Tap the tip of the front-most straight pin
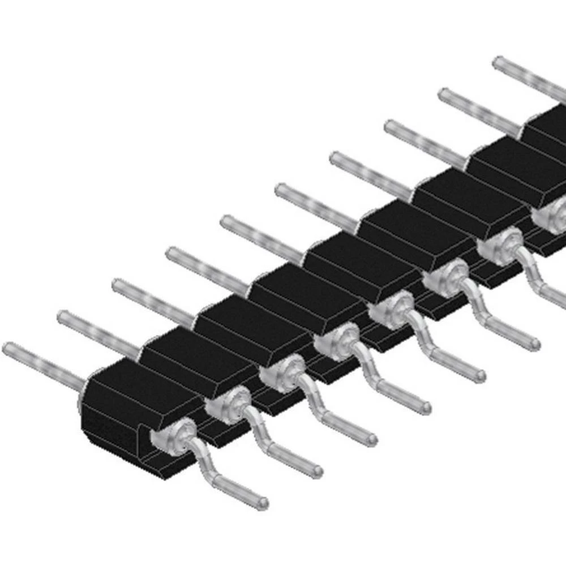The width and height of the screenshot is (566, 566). [7, 348]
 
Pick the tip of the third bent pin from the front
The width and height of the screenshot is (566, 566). [371, 438]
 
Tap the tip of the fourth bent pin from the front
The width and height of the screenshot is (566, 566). [426, 406]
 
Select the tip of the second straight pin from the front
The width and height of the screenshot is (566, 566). [61, 316]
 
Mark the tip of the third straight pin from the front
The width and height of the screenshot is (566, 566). [116, 285]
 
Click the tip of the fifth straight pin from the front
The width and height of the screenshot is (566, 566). [225, 221]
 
